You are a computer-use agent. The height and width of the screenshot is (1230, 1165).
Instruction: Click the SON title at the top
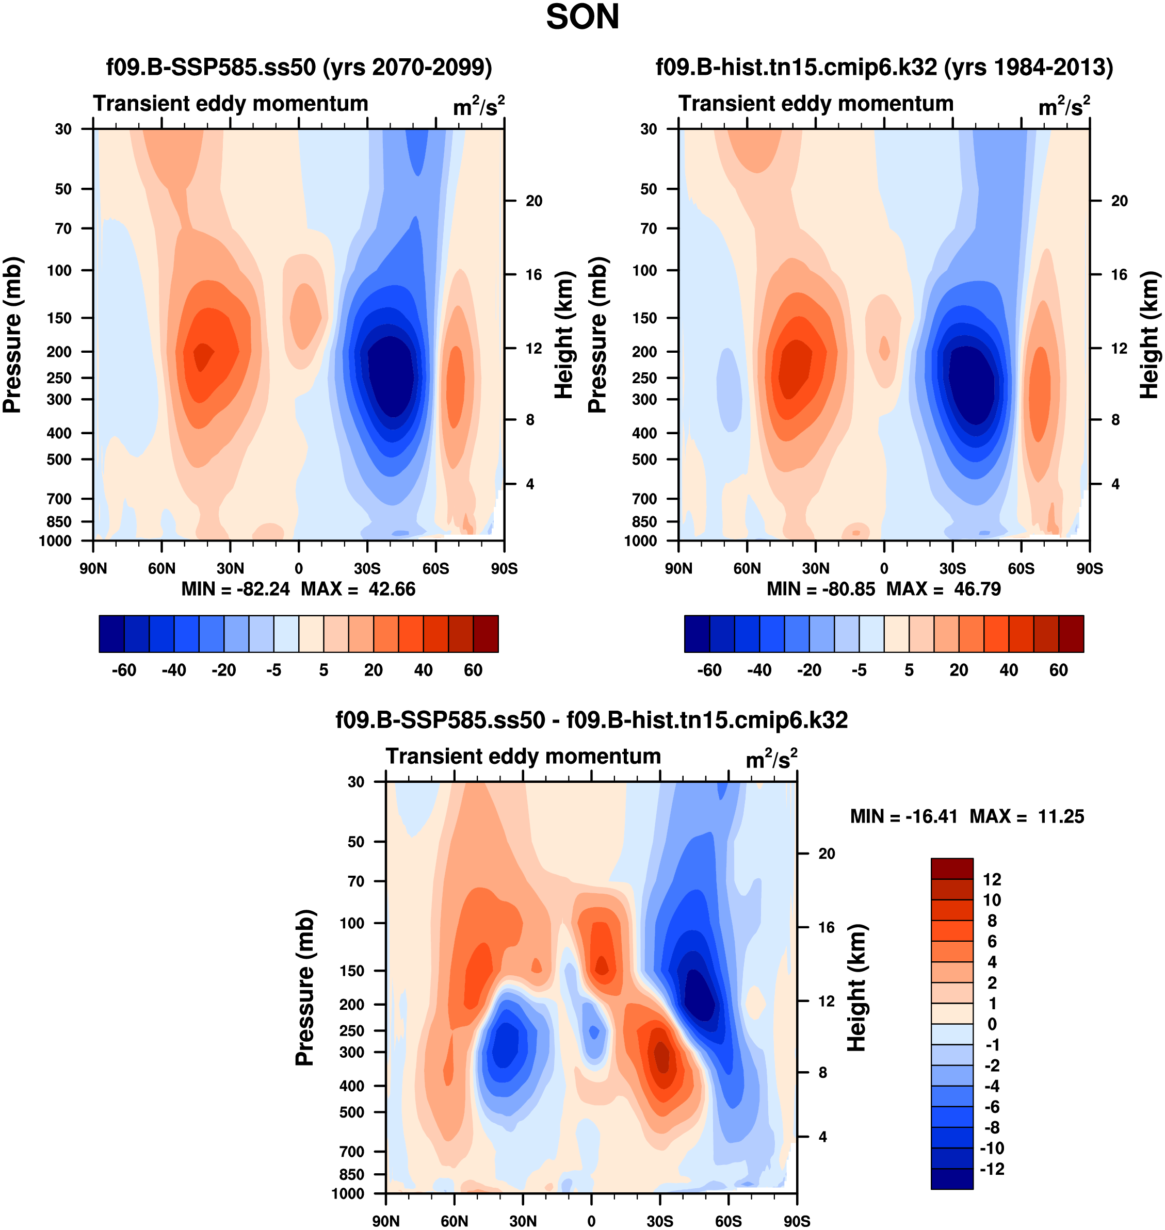tap(582, 18)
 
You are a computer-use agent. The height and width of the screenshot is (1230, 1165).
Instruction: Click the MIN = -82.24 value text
tap(235, 589)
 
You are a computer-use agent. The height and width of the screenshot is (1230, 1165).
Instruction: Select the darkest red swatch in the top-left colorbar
tap(486, 634)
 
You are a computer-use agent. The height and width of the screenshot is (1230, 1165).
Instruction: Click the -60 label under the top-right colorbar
tap(709, 670)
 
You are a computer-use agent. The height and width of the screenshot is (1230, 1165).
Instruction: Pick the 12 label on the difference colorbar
tap(992, 879)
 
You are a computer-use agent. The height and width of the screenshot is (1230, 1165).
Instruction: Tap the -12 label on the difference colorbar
tap(991, 1169)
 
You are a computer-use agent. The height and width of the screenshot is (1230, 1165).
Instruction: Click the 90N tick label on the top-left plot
tap(93, 568)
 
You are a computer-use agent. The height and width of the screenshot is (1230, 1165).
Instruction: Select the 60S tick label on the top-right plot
tap(1021, 568)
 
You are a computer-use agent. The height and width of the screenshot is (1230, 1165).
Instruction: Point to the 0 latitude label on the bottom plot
tap(591, 1221)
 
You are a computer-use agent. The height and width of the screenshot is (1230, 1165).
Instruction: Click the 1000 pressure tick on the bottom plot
tap(348, 1193)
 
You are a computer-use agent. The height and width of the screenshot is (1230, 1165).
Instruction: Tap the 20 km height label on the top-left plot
tap(533, 201)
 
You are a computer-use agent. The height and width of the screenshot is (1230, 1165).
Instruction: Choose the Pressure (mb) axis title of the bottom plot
tap(305, 987)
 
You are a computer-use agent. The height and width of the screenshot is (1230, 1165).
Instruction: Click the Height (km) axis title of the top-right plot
tap(1150, 335)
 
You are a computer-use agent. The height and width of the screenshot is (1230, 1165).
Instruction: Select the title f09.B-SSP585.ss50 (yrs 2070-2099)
tap(299, 67)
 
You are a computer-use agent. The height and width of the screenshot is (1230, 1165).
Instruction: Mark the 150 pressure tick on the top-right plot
tap(649, 318)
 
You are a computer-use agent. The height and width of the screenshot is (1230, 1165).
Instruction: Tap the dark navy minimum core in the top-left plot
tap(390, 375)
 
